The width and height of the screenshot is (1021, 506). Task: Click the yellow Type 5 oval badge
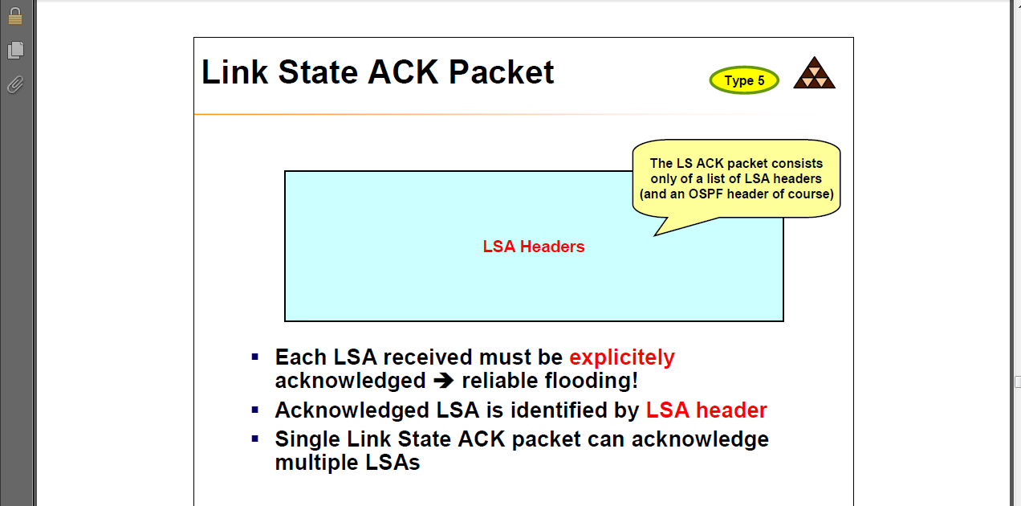(x=744, y=80)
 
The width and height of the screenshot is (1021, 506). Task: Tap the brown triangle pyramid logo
(x=814, y=74)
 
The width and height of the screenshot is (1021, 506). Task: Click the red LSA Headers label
(x=534, y=247)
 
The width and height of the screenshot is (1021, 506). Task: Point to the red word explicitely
(x=622, y=357)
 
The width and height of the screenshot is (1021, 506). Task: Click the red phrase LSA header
(x=706, y=410)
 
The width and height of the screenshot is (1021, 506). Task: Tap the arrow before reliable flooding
(x=443, y=381)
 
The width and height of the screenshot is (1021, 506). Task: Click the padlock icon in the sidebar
(x=15, y=15)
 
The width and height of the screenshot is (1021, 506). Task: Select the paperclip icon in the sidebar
(x=15, y=84)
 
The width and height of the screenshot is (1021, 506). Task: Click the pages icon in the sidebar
(x=15, y=50)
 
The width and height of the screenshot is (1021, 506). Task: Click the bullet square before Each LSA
(x=255, y=356)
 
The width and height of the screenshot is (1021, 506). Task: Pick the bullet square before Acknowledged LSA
(x=255, y=410)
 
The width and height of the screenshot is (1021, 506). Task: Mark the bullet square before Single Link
(x=255, y=439)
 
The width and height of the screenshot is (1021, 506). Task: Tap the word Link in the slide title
(x=234, y=72)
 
